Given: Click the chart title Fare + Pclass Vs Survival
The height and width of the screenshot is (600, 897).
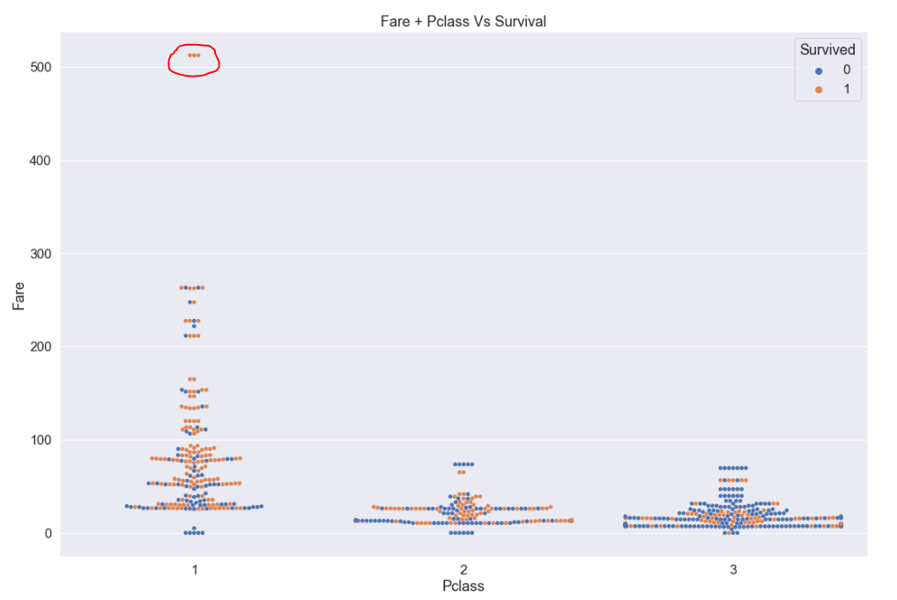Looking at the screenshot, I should (x=463, y=21).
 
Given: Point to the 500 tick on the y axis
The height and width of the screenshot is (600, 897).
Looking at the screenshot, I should (x=41, y=67).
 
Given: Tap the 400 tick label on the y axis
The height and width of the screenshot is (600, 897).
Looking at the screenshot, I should (x=41, y=160).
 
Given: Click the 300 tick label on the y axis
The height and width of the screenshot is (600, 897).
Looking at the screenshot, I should (x=41, y=254).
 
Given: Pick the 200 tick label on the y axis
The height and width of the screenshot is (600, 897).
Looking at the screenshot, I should (x=41, y=346).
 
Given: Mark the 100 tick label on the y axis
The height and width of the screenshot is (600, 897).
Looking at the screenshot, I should (x=41, y=440).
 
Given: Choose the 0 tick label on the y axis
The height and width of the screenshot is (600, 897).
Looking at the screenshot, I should (x=48, y=533).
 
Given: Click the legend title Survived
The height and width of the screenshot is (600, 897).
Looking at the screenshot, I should (x=827, y=50).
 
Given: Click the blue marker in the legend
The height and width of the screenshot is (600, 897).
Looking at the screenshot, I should (x=819, y=70).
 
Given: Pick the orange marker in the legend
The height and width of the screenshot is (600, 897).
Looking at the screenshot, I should (x=819, y=89).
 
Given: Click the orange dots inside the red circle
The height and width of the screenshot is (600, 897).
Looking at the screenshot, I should (x=194, y=56).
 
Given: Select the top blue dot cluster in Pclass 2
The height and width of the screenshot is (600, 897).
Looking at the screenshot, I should (x=463, y=464).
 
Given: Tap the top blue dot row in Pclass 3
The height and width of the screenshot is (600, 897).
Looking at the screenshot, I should (x=733, y=468).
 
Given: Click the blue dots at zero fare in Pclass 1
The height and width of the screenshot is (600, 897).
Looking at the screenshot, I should (x=194, y=532).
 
